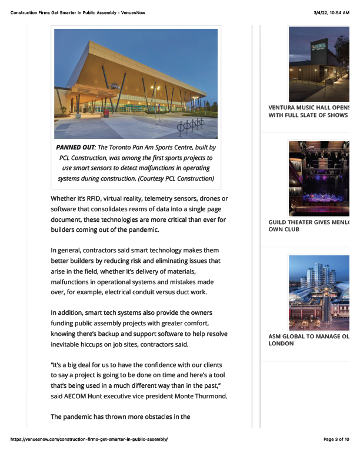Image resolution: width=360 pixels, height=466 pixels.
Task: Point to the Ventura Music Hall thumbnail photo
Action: click(x=319, y=64)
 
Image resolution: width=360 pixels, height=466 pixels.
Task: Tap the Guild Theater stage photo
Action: click(x=319, y=178)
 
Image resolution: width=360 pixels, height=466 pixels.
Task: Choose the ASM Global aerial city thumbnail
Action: click(x=319, y=292)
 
